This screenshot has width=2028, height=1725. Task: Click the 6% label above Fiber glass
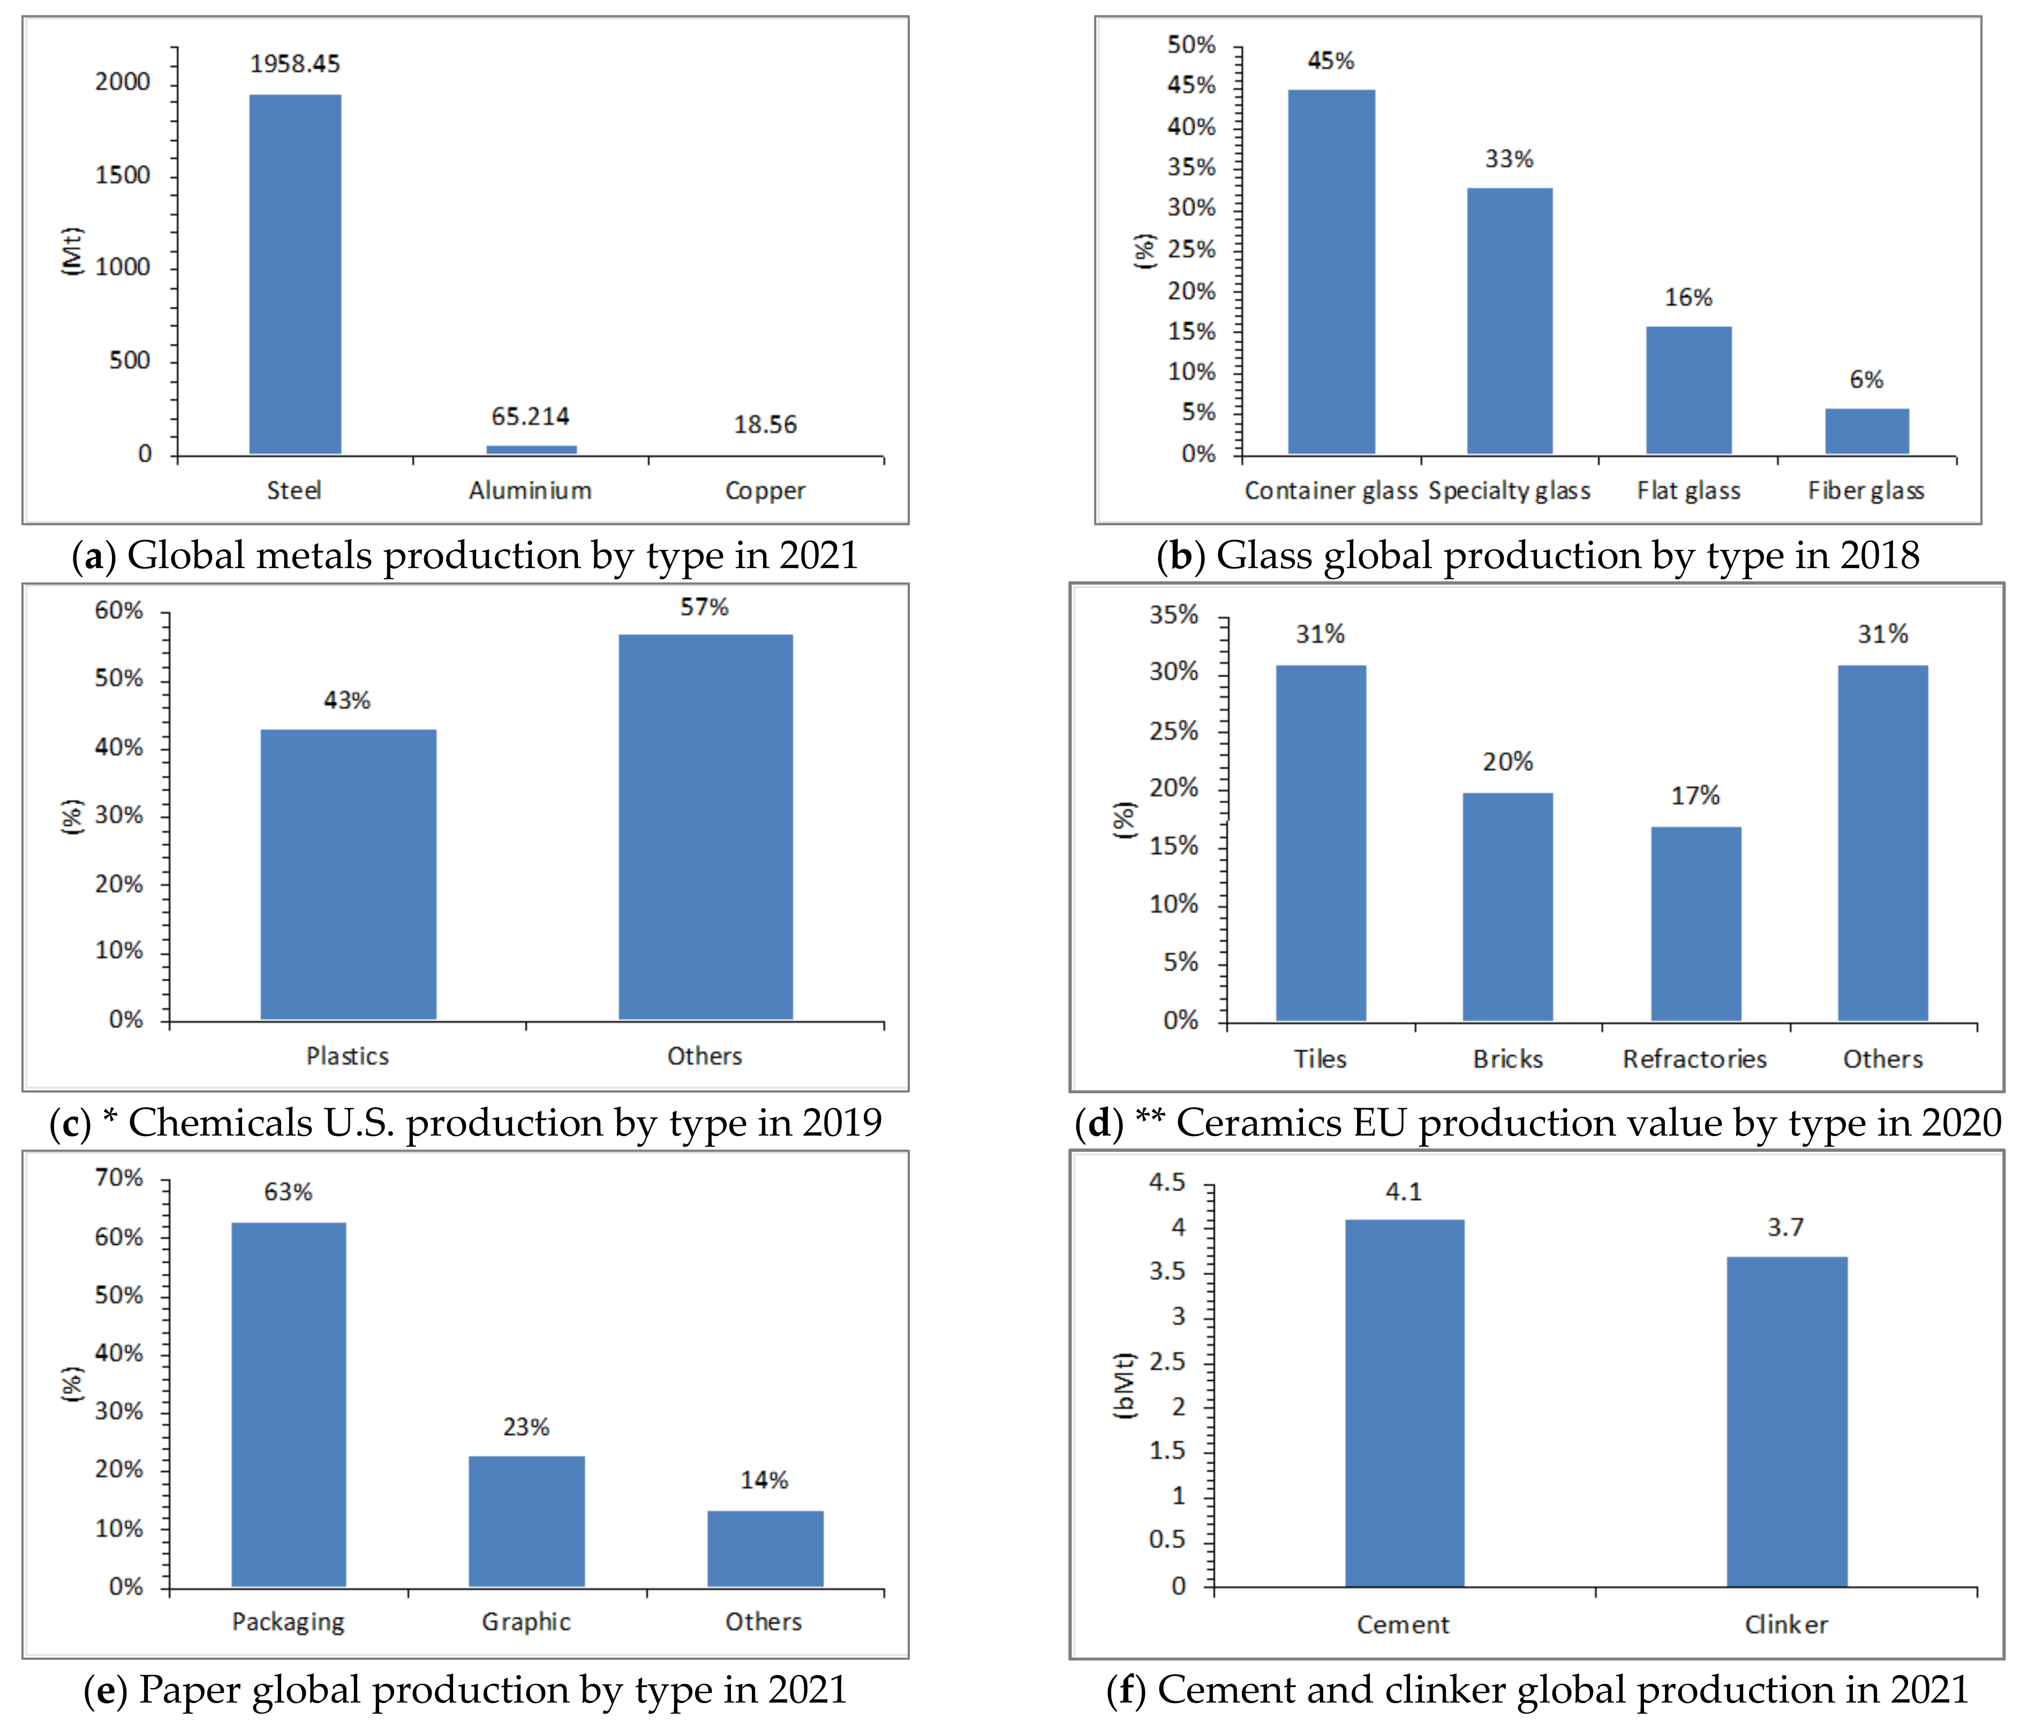click(1866, 380)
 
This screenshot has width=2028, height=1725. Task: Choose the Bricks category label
click(1507, 1059)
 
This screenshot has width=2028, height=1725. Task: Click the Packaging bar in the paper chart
click(289, 1403)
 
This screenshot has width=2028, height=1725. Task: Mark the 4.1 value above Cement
click(1403, 1192)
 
